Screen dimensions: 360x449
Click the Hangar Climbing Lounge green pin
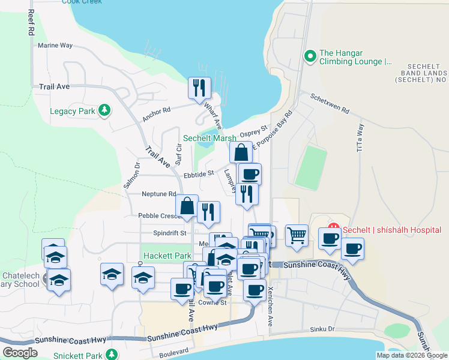310,57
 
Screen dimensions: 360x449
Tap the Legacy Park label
72,111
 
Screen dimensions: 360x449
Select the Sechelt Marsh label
209,138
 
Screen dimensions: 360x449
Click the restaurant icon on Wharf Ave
199,88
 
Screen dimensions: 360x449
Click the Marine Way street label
55,45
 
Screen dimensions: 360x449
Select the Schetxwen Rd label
330,103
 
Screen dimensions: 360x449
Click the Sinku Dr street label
322,329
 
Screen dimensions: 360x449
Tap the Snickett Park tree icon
110,355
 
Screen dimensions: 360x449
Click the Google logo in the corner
20,353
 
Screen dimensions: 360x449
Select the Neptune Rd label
158,194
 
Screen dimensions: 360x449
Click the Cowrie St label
212,302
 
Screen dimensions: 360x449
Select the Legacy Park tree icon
105,110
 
